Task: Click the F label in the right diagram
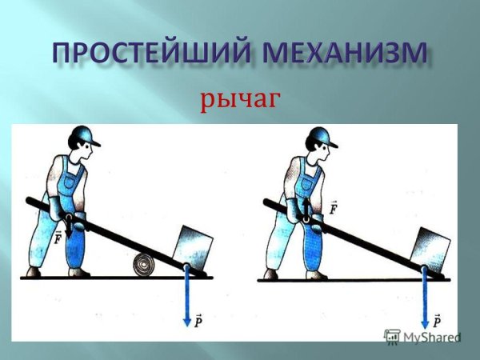[x=331, y=209]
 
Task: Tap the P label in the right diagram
[x=436, y=322]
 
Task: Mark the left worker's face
[x=86, y=154]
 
